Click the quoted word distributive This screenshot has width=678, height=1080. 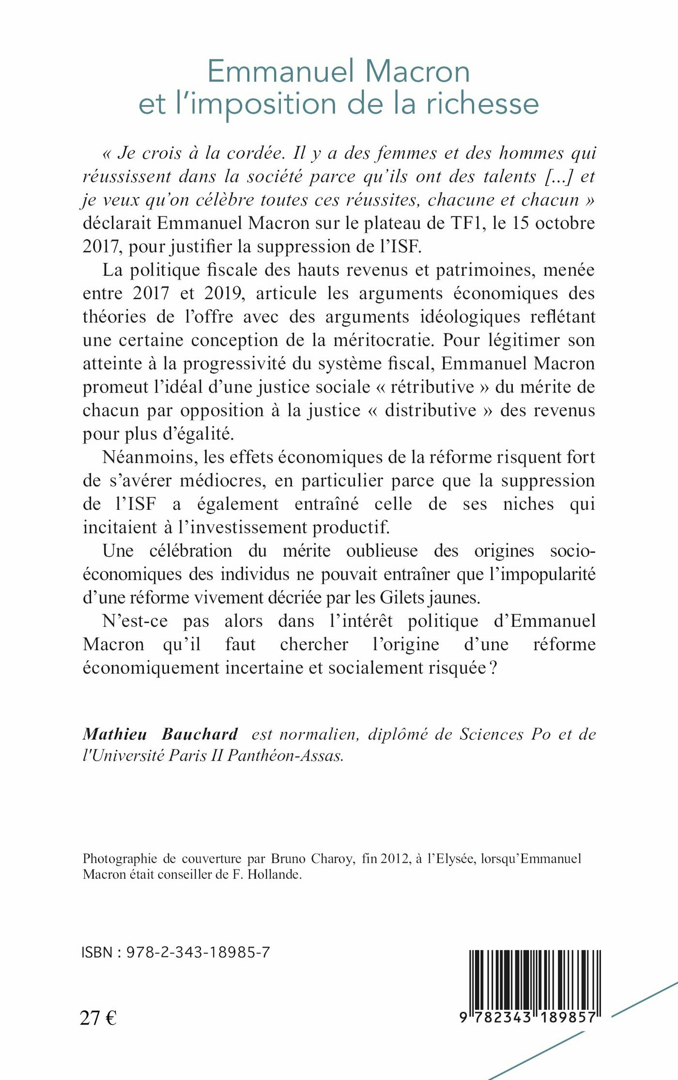point(431,411)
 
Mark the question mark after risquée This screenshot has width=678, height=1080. point(493,668)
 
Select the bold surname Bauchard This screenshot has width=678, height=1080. point(200,734)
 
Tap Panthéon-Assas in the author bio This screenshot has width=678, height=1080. point(286,756)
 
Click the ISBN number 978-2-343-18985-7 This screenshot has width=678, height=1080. point(198,952)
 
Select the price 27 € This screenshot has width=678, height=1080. point(98,1018)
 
